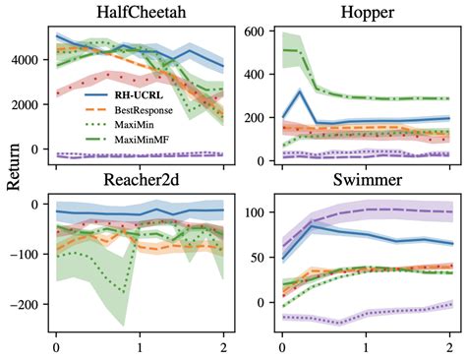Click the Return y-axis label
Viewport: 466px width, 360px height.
pyautogui.click(x=13, y=177)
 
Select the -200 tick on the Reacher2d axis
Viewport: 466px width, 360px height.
pyautogui.click(x=29, y=304)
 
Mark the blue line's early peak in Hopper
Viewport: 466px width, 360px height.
pyautogui.click(x=300, y=91)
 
